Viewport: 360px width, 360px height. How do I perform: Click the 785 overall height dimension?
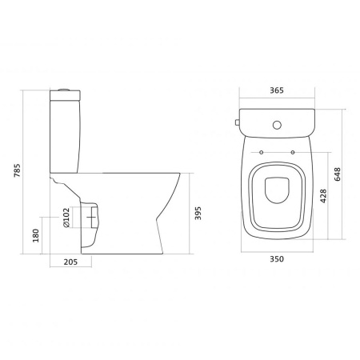(17, 170)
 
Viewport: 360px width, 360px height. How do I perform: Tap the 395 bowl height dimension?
(198, 213)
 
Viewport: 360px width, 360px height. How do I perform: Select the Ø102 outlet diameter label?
(66, 218)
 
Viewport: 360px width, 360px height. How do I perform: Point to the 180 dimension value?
(35, 235)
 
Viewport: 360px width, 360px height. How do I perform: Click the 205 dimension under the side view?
(70, 262)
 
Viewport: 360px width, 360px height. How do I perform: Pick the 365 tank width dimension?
(277, 90)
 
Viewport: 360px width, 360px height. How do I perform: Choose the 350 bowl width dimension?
(277, 259)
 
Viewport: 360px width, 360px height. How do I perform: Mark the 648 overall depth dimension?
(338, 174)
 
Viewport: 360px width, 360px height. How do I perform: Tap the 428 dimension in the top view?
(323, 196)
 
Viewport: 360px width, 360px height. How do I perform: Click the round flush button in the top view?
(277, 125)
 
